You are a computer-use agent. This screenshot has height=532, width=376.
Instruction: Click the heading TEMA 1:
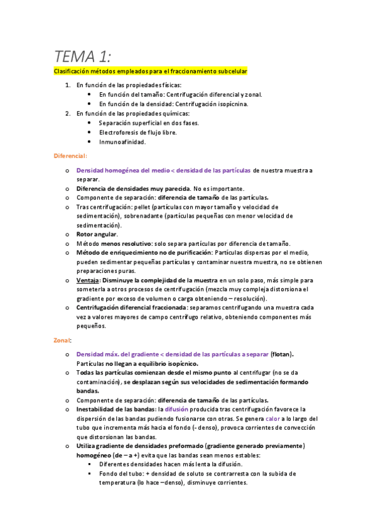pyautogui.click(x=82, y=56)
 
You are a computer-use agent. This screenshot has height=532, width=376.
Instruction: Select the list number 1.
pyautogui.click(x=68, y=85)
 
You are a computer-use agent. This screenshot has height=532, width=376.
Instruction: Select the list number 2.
pyautogui.click(x=68, y=114)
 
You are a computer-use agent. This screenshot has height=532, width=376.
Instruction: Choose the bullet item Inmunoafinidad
pyautogui.click(x=122, y=142)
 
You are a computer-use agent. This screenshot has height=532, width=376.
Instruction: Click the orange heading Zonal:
pyautogui.click(x=63, y=340)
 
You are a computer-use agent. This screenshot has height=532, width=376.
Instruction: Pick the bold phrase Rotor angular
pyautogui.click(x=97, y=234)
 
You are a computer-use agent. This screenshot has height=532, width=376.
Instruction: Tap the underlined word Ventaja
pyautogui.click(x=87, y=280)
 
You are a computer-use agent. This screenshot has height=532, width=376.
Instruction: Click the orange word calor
pyautogui.click(x=274, y=418)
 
